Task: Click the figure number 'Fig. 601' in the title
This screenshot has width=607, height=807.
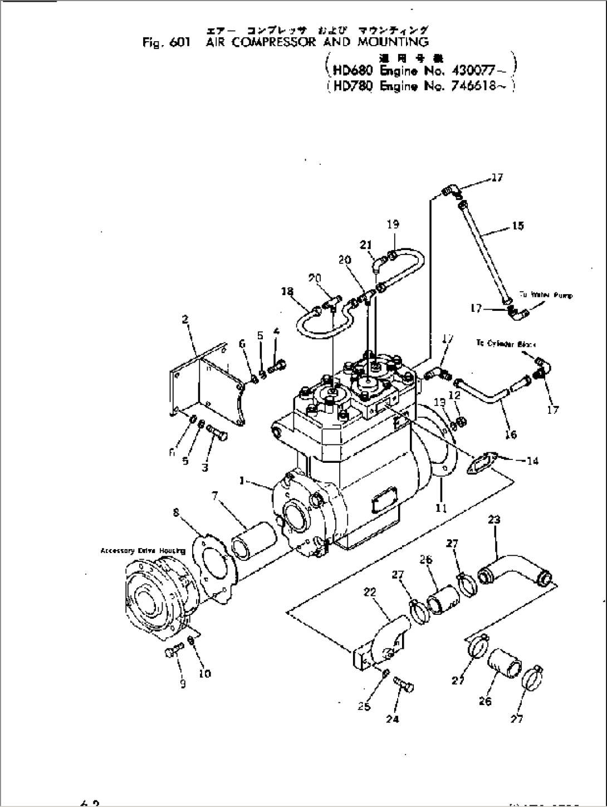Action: pyautogui.click(x=166, y=43)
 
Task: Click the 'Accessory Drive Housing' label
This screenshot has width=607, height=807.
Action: pyautogui.click(x=143, y=551)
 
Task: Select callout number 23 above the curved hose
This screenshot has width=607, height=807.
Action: pyautogui.click(x=494, y=520)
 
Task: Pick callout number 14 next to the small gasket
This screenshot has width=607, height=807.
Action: pyautogui.click(x=532, y=461)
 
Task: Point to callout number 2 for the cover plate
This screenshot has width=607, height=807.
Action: pyautogui.click(x=185, y=319)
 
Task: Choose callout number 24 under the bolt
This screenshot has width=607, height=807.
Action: pyautogui.click(x=392, y=719)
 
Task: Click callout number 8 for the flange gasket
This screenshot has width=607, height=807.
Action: pyautogui.click(x=176, y=512)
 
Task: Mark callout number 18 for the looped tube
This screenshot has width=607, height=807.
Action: pyautogui.click(x=287, y=291)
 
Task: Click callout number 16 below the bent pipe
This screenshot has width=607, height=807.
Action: pyautogui.click(x=510, y=434)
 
